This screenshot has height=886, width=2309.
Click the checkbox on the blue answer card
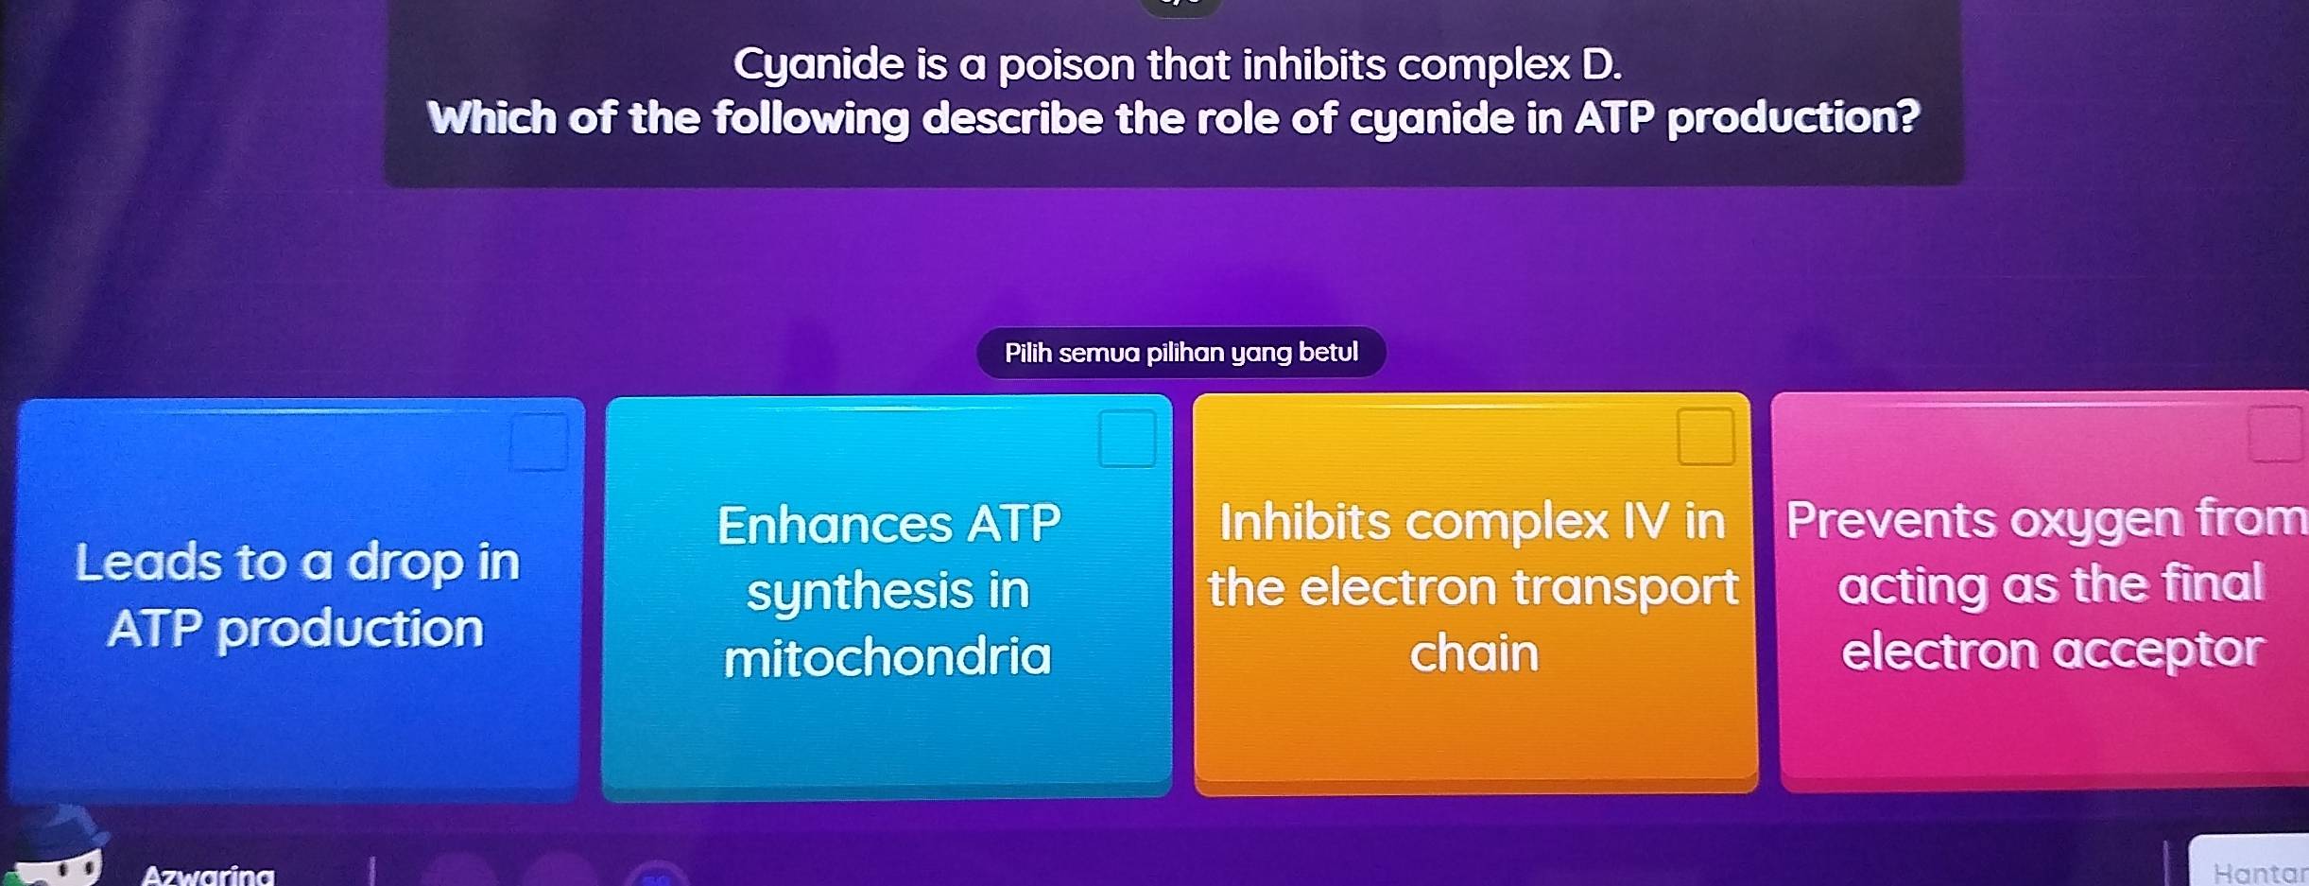(x=540, y=442)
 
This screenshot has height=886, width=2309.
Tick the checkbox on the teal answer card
(x=1127, y=439)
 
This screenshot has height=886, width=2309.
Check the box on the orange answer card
(x=1706, y=437)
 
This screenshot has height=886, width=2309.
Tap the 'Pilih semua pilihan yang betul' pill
(x=1180, y=353)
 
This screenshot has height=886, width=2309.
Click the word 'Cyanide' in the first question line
(x=818, y=65)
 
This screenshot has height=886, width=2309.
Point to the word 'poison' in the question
(x=1066, y=65)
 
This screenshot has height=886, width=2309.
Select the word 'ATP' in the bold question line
(x=1614, y=118)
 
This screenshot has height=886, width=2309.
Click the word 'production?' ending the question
(x=1793, y=118)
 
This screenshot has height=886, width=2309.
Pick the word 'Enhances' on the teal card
(x=835, y=525)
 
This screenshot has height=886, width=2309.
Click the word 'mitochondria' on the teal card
(x=887, y=657)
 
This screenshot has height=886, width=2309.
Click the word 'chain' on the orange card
(x=1474, y=653)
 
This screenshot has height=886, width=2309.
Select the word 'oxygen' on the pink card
(x=2094, y=521)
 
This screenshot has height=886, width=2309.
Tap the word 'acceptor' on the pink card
(x=2158, y=651)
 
